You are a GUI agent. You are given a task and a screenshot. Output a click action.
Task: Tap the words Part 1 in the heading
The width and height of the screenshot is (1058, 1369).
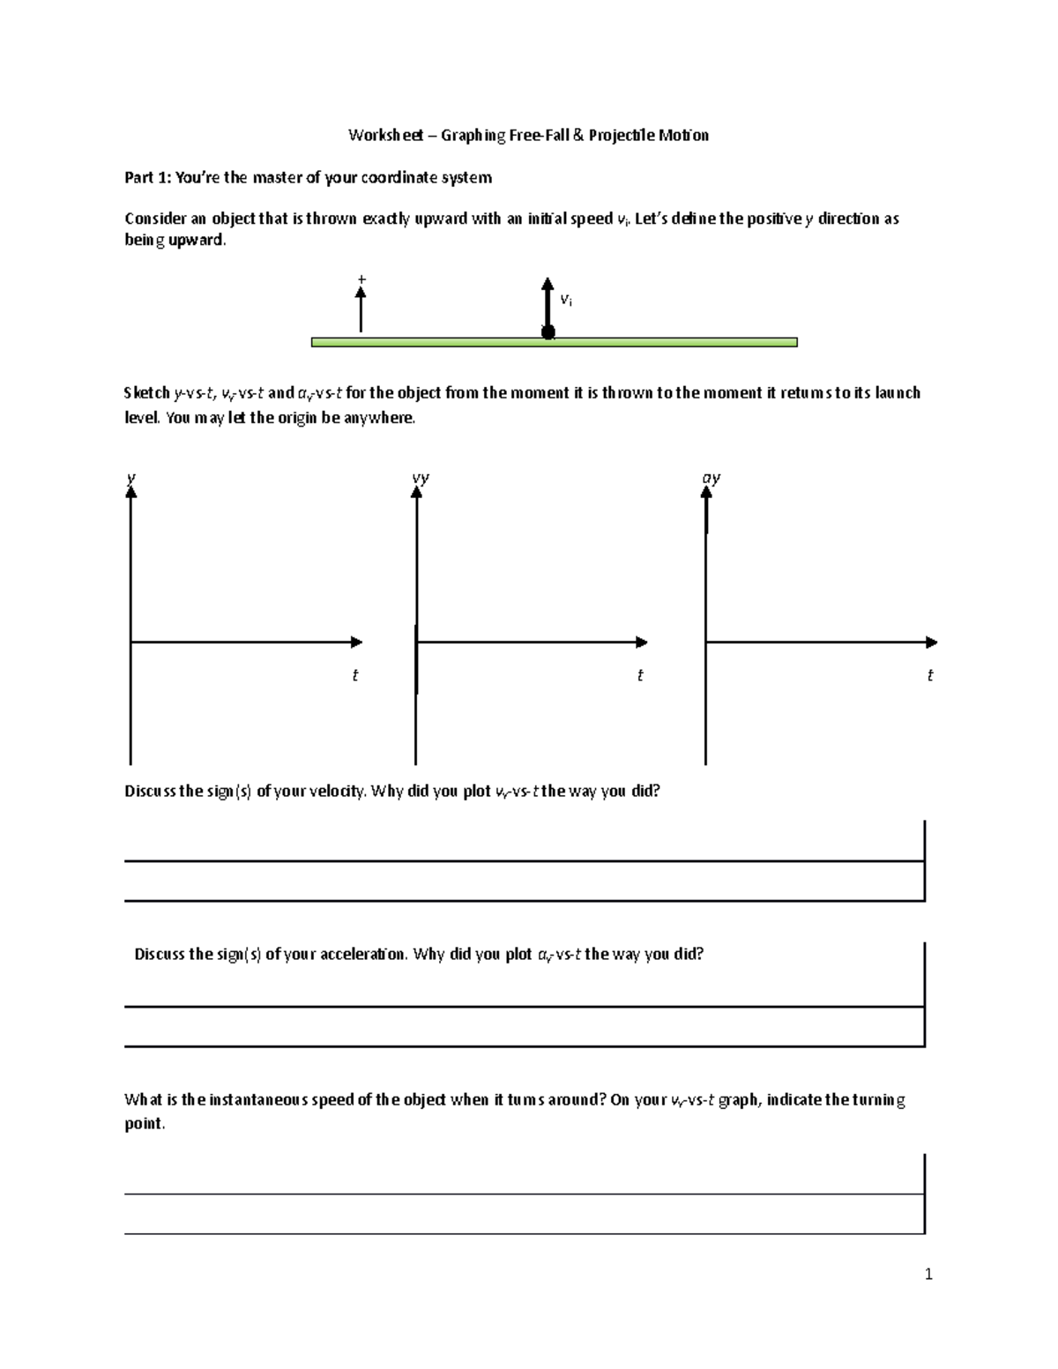pyautogui.click(x=146, y=178)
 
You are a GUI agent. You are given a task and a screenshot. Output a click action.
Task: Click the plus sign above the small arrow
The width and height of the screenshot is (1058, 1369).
pyautogui.click(x=361, y=279)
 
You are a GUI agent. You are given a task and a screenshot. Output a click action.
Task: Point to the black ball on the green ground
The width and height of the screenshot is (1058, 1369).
pyautogui.click(x=548, y=332)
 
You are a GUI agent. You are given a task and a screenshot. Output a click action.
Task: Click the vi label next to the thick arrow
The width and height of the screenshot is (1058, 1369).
pyautogui.click(x=566, y=300)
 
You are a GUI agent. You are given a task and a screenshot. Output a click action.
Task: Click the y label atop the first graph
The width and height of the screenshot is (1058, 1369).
pyautogui.click(x=130, y=479)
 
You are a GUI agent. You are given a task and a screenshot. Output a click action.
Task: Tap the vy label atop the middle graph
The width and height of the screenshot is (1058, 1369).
pyautogui.click(x=421, y=479)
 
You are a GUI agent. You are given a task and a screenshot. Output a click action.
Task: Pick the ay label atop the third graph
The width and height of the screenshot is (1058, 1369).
pyautogui.click(x=711, y=479)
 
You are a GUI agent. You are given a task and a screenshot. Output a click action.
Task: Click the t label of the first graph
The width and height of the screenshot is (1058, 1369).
pyautogui.click(x=354, y=675)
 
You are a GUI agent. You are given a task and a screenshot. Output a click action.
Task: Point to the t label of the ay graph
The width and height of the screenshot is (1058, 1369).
pyautogui.click(x=929, y=675)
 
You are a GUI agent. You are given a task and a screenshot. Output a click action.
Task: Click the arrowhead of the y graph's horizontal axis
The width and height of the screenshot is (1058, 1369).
pyautogui.click(x=356, y=642)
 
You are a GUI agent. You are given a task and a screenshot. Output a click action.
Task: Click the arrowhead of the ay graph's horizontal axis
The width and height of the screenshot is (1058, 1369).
pyautogui.click(x=931, y=642)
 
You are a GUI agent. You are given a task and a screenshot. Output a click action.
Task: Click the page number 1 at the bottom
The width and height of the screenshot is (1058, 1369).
pyautogui.click(x=928, y=1274)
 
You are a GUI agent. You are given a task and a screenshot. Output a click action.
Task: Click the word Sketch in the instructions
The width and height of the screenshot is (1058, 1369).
pyautogui.click(x=147, y=393)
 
